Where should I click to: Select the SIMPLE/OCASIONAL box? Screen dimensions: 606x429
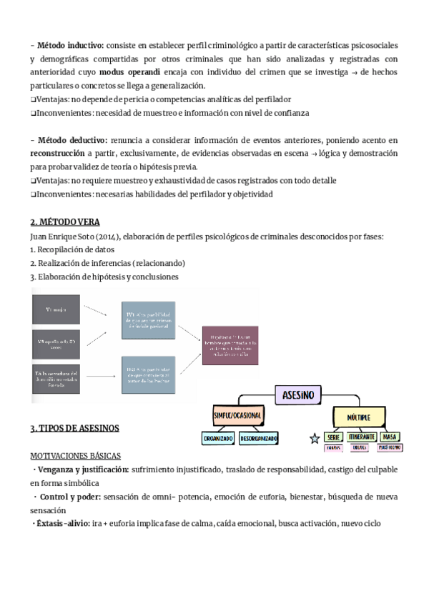[237, 415]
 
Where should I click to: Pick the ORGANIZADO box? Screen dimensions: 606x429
[219, 438]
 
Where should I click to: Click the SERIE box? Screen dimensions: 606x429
[333, 437]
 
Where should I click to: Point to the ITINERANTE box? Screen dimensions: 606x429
[362, 437]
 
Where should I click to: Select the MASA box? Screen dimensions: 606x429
[390, 437]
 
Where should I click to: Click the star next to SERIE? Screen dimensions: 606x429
[313, 438]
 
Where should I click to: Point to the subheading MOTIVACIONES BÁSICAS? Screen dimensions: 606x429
[75, 455]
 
